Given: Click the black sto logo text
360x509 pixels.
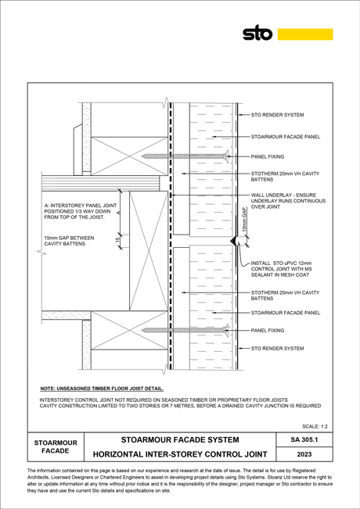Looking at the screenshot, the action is point(257,33).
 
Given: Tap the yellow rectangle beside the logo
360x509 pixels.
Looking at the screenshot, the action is point(305,34).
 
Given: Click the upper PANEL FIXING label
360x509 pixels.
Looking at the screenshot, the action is point(268,156).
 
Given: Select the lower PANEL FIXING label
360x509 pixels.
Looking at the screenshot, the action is point(268,331).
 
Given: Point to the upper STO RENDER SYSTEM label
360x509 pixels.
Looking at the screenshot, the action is point(277,115).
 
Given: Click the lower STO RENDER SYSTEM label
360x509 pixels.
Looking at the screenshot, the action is point(277,348).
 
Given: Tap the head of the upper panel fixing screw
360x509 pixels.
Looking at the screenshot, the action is point(226,156).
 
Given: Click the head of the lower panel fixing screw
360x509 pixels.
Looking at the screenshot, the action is point(226,330).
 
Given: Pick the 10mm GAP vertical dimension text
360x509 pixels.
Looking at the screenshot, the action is point(245,220).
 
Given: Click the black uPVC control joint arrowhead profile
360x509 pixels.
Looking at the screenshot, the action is point(232,241).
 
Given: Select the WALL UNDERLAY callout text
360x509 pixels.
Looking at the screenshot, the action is point(288,201).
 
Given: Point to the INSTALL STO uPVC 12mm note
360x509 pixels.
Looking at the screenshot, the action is point(282,269).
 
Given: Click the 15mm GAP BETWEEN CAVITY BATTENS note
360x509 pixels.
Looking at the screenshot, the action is point(69,241).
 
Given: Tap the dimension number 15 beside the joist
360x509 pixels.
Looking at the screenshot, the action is point(117,240).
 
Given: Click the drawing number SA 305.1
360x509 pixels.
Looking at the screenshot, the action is point(304,439).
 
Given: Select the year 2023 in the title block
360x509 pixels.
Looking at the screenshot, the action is point(304,454).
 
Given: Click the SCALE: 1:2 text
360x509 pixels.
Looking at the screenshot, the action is point(315,426).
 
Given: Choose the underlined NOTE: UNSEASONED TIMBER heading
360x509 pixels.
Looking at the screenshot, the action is point(102,389).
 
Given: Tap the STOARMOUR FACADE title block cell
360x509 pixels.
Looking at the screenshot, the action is point(56,446).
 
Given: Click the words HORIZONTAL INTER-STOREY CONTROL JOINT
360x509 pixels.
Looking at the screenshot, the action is point(180,454).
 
